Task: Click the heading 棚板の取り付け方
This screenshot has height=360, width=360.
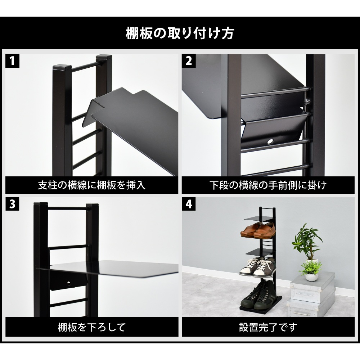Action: (180, 34)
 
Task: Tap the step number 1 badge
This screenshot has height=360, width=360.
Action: (12, 61)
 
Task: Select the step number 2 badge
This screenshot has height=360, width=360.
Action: (189, 61)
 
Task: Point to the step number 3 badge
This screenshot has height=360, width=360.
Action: (12, 204)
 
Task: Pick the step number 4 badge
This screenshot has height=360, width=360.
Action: (189, 204)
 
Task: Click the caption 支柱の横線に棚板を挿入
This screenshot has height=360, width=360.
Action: (91, 185)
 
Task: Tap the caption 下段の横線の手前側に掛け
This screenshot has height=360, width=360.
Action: (268, 185)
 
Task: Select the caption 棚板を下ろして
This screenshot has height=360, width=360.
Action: (91, 327)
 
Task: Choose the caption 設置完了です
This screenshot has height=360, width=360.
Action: (268, 327)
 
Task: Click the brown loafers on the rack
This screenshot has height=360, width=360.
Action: (257, 231)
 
